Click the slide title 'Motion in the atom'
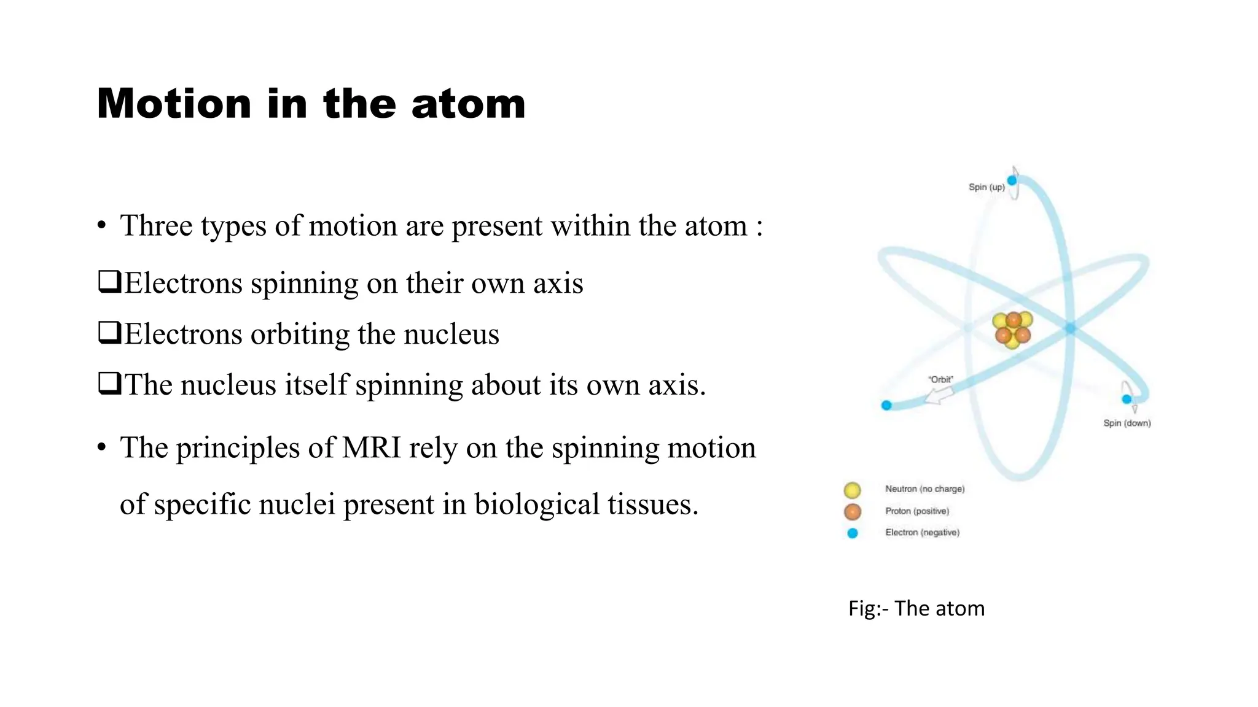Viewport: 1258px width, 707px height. click(311, 103)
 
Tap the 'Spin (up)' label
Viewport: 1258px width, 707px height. click(986, 187)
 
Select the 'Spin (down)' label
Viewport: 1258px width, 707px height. click(1127, 423)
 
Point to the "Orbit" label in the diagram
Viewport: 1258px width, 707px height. click(940, 379)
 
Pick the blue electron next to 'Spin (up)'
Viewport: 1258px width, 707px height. click(1012, 180)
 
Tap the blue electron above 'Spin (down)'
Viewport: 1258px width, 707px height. click(1127, 400)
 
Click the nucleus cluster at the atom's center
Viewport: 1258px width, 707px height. click(1012, 330)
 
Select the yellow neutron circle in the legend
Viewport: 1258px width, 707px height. click(852, 490)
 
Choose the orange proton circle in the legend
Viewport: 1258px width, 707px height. click(852, 511)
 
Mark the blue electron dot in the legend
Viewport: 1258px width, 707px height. click(852, 533)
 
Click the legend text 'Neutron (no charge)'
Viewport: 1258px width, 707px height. click(924, 489)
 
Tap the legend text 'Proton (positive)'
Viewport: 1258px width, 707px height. click(917, 511)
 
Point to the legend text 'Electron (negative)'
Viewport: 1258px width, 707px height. click(922, 533)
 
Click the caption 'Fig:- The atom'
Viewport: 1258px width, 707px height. click(916, 608)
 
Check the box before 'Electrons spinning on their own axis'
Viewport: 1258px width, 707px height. click(109, 282)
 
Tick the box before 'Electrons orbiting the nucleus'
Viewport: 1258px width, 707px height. click(109, 333)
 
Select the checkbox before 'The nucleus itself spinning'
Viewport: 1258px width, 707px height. click(109, 384)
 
